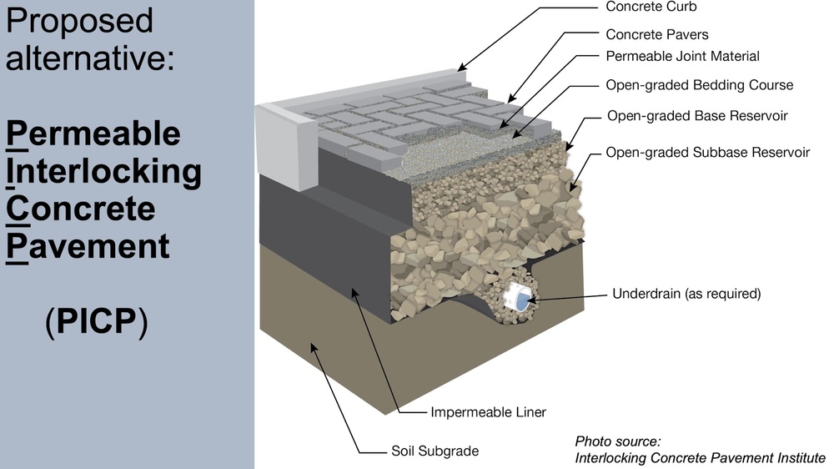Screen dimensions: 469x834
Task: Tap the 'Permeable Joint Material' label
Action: [x=682, y=57]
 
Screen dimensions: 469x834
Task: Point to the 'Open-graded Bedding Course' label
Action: [x=699, y=85]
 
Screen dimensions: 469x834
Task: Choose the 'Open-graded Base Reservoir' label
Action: [x=697, y=115]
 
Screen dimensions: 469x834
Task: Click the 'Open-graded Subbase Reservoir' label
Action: [x=707, y=153]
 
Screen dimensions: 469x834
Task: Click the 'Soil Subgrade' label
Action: [x=435, y=451]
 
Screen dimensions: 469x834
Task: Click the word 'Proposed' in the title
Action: [x=80, y=21]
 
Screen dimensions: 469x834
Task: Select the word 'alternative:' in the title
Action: [x=90, y=58]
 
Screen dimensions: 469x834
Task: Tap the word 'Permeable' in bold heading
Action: [x=93, y=134]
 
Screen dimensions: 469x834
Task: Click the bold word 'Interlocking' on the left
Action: [x=104, y=171]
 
